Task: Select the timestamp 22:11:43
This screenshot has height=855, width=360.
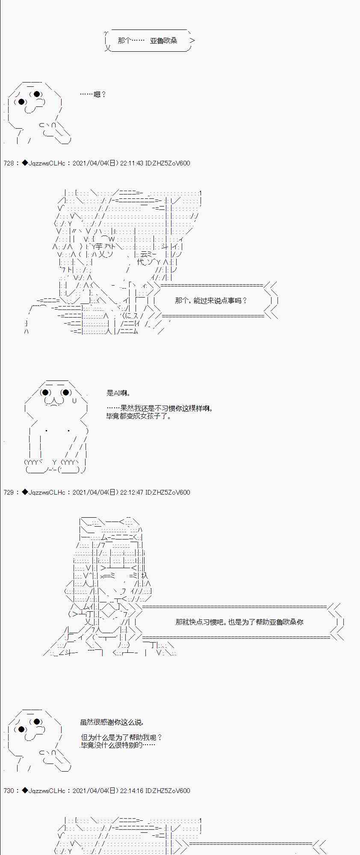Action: tap(132, 163)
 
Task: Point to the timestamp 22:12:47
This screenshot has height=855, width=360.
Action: tap(132, 492)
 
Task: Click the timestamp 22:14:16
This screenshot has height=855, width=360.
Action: tap(132, 790)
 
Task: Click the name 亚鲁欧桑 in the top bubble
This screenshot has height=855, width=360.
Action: tap(163, 41)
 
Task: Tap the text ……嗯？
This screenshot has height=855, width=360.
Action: tap(93, 94)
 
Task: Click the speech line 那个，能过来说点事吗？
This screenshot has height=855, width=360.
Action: tap(211, 301)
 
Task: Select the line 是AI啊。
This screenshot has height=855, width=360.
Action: tap(118, 393)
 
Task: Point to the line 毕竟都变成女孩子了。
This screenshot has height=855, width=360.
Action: tap(139, 416)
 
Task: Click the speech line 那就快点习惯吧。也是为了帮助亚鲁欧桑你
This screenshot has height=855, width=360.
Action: tap(239, 622)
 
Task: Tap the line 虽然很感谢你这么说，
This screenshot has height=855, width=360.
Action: tap(112, 722)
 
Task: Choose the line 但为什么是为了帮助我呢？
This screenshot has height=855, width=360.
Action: tap(121, 737)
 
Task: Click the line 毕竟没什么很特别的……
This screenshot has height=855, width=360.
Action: tap(118, 745)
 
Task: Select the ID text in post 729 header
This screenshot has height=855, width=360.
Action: tap(168, 492)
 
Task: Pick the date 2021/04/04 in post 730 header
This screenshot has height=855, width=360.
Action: tap(89, 790)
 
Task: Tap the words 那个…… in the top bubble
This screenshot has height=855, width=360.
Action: tap(131, 41)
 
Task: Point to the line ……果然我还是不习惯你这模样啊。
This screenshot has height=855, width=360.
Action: tap(159, 408)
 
